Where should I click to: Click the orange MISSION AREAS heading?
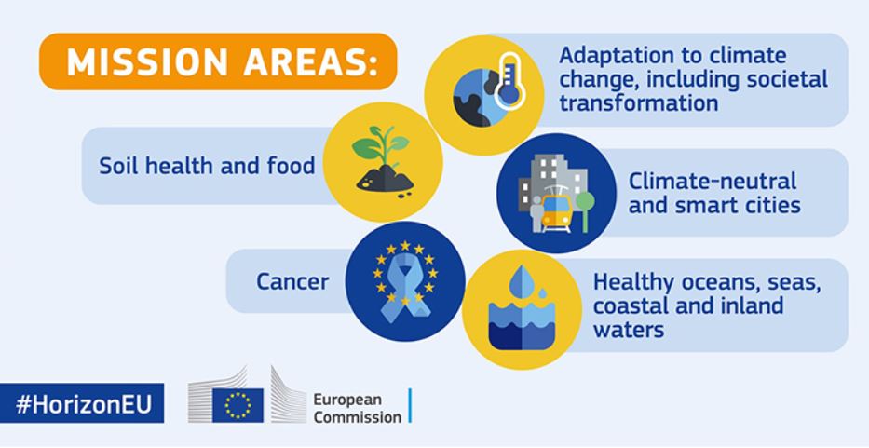pyautogui.click(x=217, y=61)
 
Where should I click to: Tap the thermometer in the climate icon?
pyautogui.click(x=509, y=81)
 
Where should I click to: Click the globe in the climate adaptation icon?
pyautogui.click(x=479, y=98)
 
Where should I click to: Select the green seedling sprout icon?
pyautogui.click(x=380, y=145)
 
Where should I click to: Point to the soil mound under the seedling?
pyautogui.click(x=385, y=179)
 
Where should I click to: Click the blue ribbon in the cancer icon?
pyautogui.click(x=405, y=289)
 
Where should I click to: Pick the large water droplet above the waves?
pyautogui.click(x=521, y=281)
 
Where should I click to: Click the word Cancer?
pyautogui.click(x=292, y=281)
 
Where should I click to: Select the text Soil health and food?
pyautogui.click(x=208, y=165)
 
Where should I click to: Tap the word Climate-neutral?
pyautogui.click(x=713, y=181)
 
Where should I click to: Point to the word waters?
pyautogui.click(x=629, y=330)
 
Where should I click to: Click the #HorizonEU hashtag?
pyautogui.click(x=83, y=404)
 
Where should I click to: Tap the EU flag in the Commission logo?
pyautogui.click(x=238, y=405)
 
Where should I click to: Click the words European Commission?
pyautogui.click(x=357, y=408)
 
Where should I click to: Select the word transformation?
pyautogui.click(x=638, y=103)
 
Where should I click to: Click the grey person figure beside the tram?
pyautogui.click(x=536, y=214)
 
